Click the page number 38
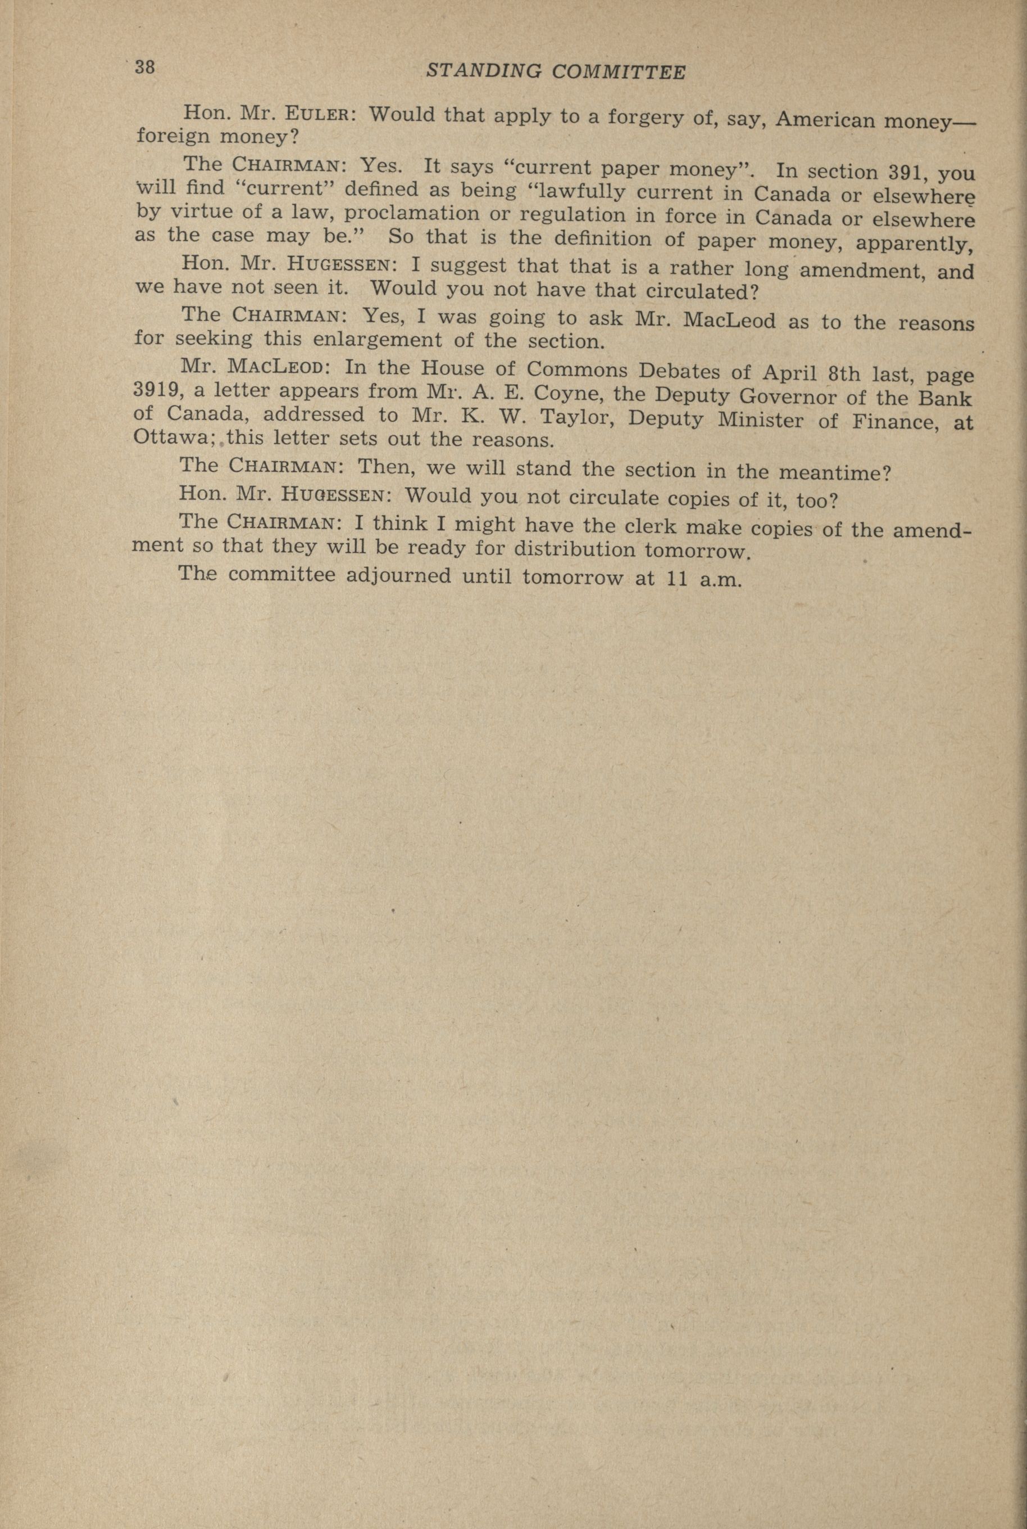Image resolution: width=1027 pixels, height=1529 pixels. point(145,67)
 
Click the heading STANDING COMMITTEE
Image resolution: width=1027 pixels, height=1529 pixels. point(556,73)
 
